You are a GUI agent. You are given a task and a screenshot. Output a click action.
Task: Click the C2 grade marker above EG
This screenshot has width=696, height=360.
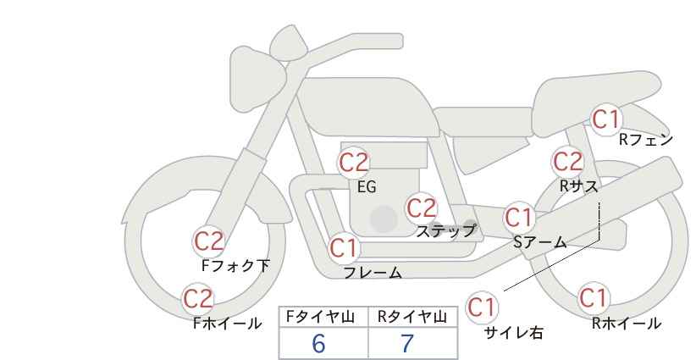click(354, 163)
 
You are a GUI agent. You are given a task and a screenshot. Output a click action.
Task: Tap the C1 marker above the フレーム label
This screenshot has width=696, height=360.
click(344, 248)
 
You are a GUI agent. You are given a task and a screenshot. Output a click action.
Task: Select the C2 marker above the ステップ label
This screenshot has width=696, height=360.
click(422, 208)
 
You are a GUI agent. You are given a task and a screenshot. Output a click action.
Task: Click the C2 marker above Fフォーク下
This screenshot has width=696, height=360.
click(209, 241)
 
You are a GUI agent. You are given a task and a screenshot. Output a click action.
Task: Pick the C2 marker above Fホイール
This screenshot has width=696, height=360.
click(198, 299)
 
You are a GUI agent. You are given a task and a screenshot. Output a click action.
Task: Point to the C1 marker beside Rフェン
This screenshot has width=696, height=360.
click(606, 119)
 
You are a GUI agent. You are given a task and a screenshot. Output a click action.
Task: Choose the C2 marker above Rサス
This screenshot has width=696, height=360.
click(567, 162)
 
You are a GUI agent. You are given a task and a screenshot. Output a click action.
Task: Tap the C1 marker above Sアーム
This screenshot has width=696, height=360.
click(519, 218)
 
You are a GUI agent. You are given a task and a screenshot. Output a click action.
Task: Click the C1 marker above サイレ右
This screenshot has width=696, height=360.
click(482, 307)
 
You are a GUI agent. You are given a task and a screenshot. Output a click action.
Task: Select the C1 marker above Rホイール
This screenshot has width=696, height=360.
click(594, 298)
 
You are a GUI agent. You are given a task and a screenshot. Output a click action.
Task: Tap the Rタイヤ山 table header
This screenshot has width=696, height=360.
click(412, 317)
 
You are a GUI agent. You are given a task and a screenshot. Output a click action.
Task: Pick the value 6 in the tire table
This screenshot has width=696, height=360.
click(318, 343)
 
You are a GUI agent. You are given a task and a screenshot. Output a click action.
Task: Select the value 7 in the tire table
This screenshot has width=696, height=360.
click(407, 343)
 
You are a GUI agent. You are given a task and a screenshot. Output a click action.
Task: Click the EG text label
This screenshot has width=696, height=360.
click(367, 187)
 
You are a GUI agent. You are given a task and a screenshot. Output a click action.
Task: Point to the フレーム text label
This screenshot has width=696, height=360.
click(373, 273)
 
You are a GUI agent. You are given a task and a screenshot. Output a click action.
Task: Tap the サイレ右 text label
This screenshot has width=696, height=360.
click(514, 333)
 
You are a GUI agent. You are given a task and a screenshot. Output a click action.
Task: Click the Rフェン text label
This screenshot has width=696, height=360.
click(646, 140)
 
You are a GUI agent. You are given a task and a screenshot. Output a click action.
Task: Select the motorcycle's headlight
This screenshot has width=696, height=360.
click(257, 79)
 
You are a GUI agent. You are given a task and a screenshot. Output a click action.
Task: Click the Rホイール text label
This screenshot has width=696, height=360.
click(627, 324)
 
